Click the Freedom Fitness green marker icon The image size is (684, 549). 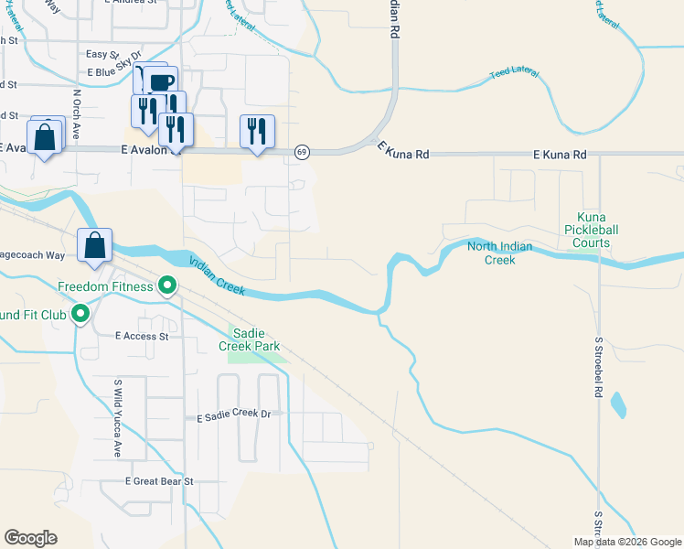pos(167,286)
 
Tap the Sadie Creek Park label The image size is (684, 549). pos(249,339)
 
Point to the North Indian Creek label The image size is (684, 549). pos(504,253)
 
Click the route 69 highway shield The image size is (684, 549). pos(301,151)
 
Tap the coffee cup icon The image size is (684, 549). pos(161,82)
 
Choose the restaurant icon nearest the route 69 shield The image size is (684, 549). pos(257,132)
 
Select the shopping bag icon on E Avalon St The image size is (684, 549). pos(44,137)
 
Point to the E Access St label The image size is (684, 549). pos(143,336)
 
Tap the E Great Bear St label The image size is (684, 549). pos(161,481)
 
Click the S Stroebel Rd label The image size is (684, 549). pos(598,366)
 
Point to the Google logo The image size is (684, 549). pos(31,538)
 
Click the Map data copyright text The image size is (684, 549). pos(627,542)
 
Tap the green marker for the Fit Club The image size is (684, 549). pos(80,315)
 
